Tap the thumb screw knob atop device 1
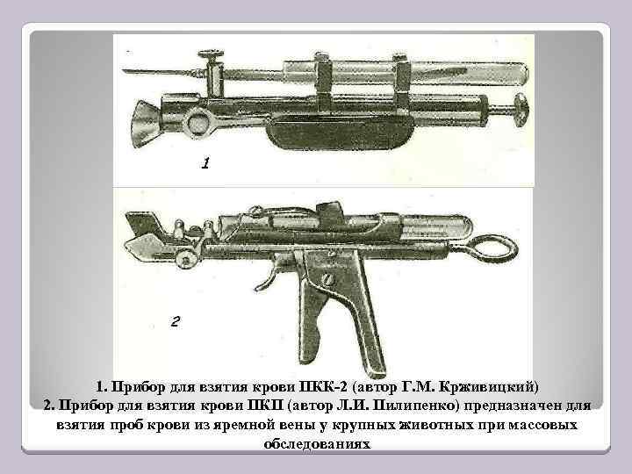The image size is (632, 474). pos(212,60)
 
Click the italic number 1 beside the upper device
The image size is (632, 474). pos(205,163)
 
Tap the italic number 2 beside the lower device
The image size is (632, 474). pos(175,321)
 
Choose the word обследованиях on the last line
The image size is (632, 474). pos(317,444)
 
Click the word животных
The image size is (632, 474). pos(463,426)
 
